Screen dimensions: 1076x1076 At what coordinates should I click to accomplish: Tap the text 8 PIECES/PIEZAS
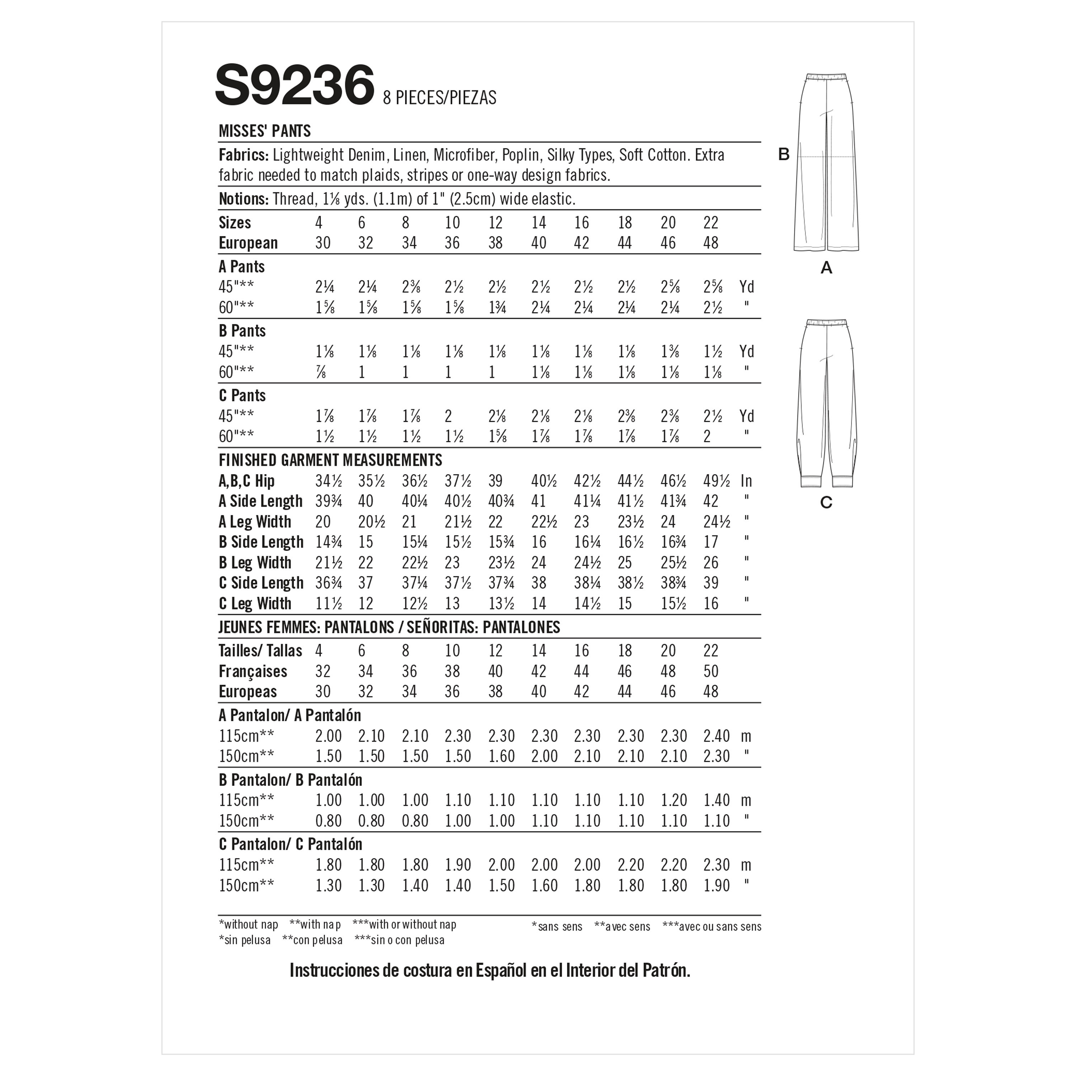tap(439, 98)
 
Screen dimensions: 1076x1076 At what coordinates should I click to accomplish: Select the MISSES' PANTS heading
tap(265, 131)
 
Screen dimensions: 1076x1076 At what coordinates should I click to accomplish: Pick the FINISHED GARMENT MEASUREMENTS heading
tap(330, 460)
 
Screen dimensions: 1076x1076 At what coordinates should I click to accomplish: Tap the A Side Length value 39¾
tap(329, 501)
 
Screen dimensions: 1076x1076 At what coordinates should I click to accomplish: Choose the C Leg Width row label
tap(255, 603)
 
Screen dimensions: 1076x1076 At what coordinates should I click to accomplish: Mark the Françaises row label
tap(253, 671)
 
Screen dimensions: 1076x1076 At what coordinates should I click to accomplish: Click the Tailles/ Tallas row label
tap(260, 651)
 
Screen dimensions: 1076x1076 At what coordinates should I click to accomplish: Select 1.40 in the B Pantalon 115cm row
tap(716, 800)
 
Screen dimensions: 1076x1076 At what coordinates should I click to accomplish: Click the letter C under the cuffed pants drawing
tap(826, 502)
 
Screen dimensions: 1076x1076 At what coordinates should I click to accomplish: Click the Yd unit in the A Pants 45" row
tap(746, 287)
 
